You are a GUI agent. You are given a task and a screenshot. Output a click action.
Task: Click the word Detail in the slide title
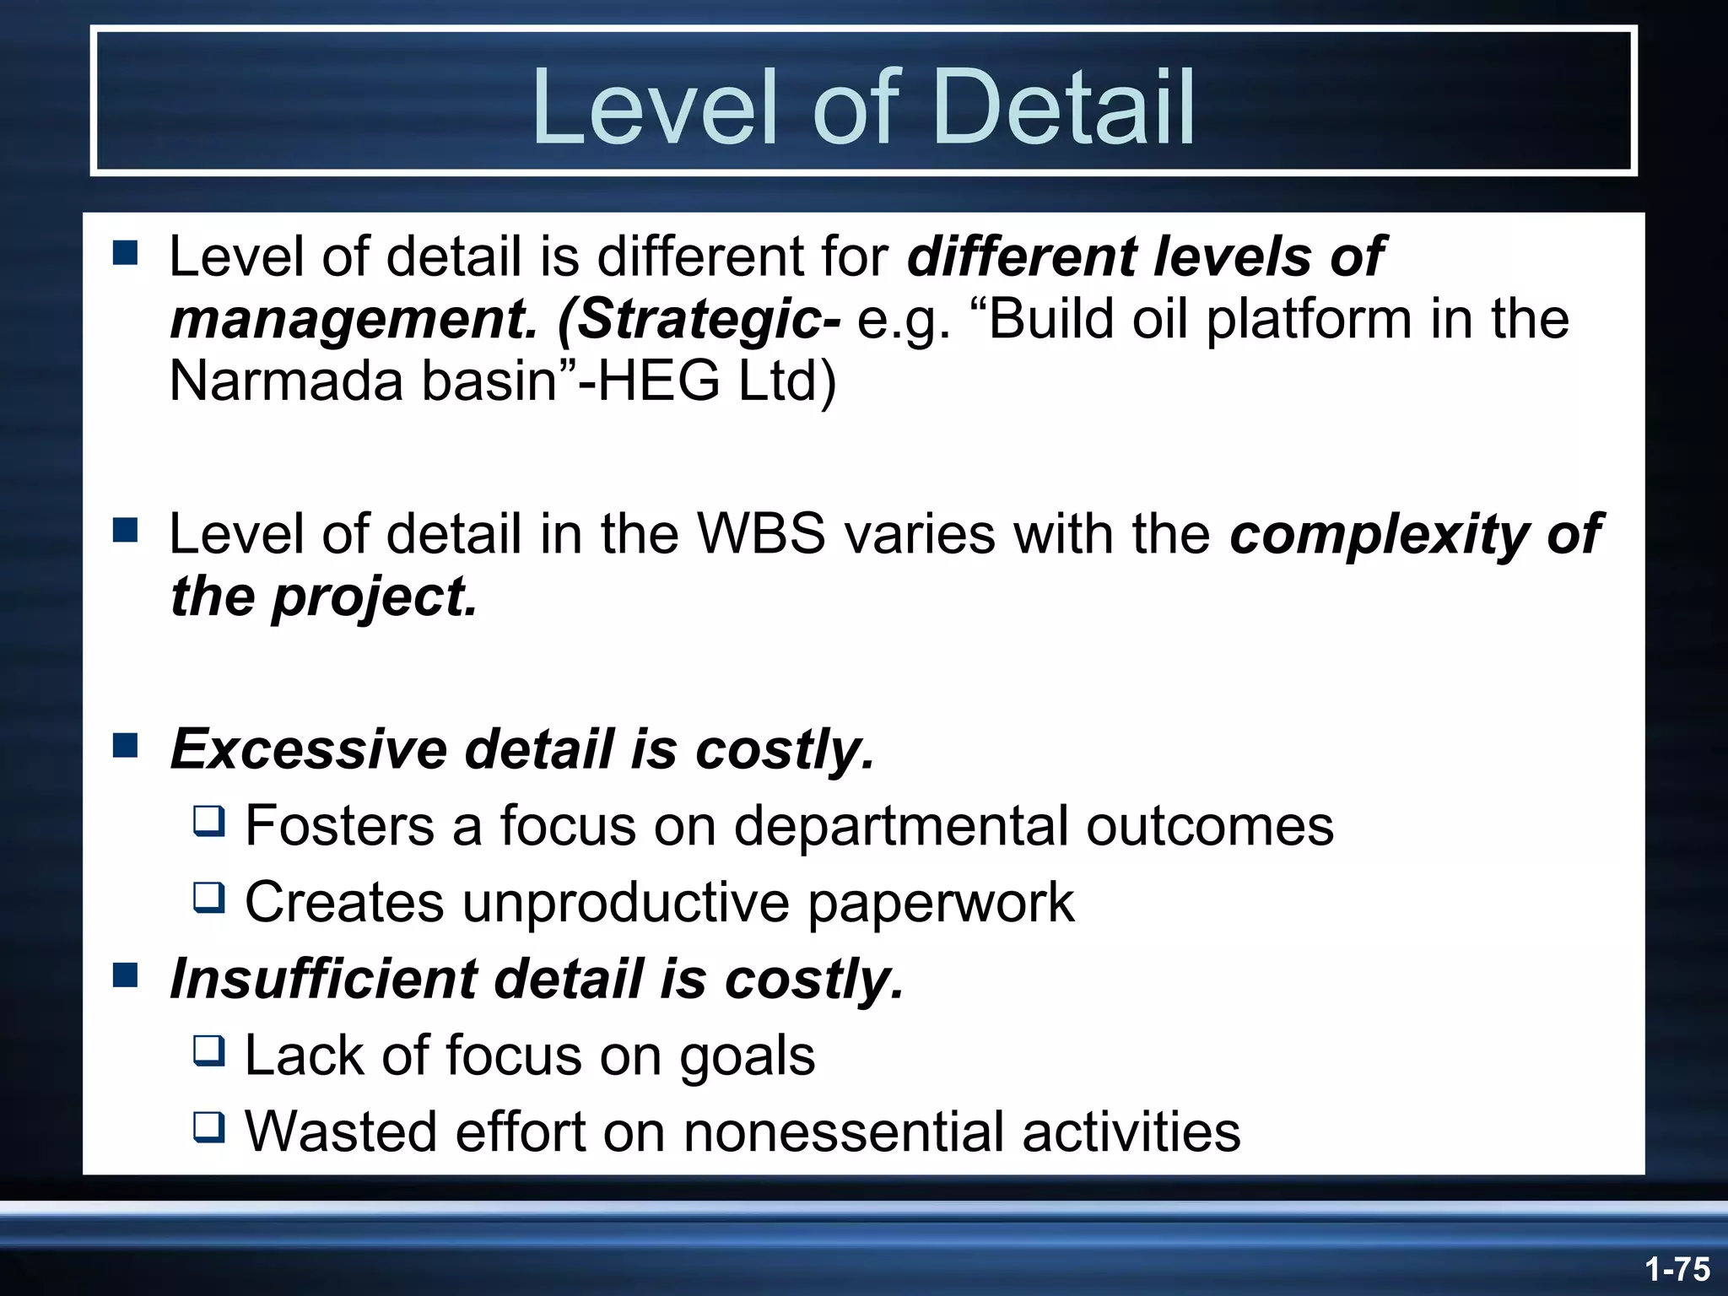tap(1064, 108)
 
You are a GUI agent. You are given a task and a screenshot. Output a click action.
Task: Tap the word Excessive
tap(308, 748)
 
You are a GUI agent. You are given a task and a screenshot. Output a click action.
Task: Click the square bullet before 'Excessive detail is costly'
tap(125, 745)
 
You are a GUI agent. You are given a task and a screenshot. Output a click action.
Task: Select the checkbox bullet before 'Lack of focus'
tap(208, 1051)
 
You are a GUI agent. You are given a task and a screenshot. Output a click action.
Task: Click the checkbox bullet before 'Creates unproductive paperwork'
tap(208, 898)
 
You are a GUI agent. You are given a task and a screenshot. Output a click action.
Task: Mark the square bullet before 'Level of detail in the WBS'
tap(125, 531)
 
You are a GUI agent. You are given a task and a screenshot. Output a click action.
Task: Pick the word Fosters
tap(339, 825)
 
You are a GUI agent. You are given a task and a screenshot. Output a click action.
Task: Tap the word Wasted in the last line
tap(341, 1131)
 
